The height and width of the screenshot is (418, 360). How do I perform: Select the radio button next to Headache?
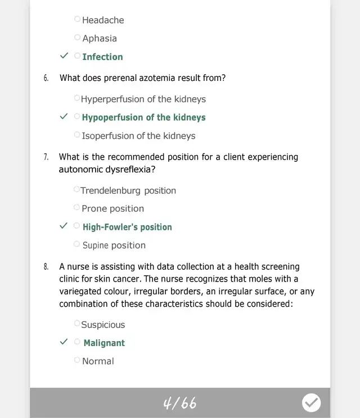tap(78, 19)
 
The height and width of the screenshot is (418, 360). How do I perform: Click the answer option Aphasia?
tap(100, 38)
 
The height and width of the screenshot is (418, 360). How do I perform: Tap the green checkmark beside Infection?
tap(64, 56)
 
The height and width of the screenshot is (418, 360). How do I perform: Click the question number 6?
tap(46, 78)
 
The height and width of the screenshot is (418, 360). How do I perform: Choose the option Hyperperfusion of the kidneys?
tap(143, 99)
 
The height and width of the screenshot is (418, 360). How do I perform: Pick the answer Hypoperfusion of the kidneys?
tap(143, 117)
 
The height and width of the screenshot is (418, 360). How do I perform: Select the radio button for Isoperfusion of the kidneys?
tap(78, 135)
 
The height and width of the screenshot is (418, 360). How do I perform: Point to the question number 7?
tap(46, 157)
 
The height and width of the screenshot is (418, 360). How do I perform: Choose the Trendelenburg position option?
tap(128, 190)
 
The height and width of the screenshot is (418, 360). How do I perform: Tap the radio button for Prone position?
tap(78, 208)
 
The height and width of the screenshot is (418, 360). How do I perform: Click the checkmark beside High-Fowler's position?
tap(64, 226)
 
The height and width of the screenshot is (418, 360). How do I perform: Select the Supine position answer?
tap(114, 245)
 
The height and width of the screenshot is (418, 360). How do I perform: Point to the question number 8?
tap(46, 266)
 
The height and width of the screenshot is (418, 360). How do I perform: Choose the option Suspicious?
tap(103, 325)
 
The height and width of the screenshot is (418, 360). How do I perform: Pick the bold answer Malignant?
tap(104, 343)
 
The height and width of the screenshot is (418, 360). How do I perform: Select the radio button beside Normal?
tap(78, 361)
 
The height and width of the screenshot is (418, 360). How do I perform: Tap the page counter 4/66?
tap(179, 403)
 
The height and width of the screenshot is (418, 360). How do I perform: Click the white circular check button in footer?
tap(311, 403)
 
